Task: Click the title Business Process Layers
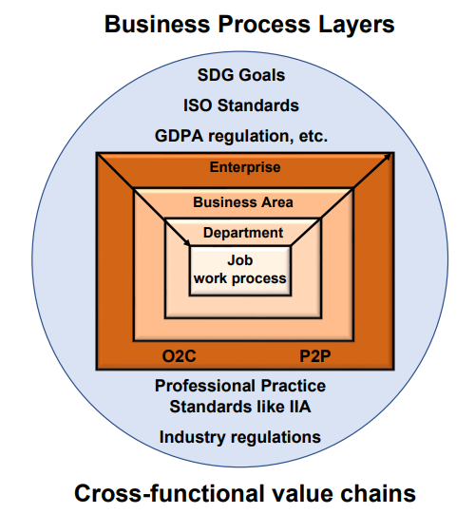(250, 25)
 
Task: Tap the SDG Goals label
(241, 75)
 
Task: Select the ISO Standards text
(241, 105)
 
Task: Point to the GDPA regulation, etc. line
(241, 137)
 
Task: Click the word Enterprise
(245, 167)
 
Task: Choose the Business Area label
(243, 202)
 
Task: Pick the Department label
(243, 233)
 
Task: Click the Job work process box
(240, 271)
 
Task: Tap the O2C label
(179, 356)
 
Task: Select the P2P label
(315, 356)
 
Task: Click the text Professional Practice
(240, 386)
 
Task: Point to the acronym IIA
(300, 407)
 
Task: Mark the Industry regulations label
(240, 437)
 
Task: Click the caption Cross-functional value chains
(245, 493)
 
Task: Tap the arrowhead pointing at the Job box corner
(187, 243)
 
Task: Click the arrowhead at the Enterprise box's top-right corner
(388, 156)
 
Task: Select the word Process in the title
(264, 25)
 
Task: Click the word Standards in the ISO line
(258, 105)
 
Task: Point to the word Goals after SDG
(262, 75)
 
